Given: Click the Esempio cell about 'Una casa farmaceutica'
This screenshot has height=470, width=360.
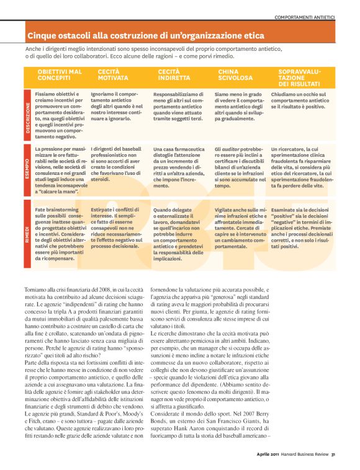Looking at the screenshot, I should pos(179,168).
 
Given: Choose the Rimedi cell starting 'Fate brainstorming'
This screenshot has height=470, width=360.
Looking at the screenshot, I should pos(60,229).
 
